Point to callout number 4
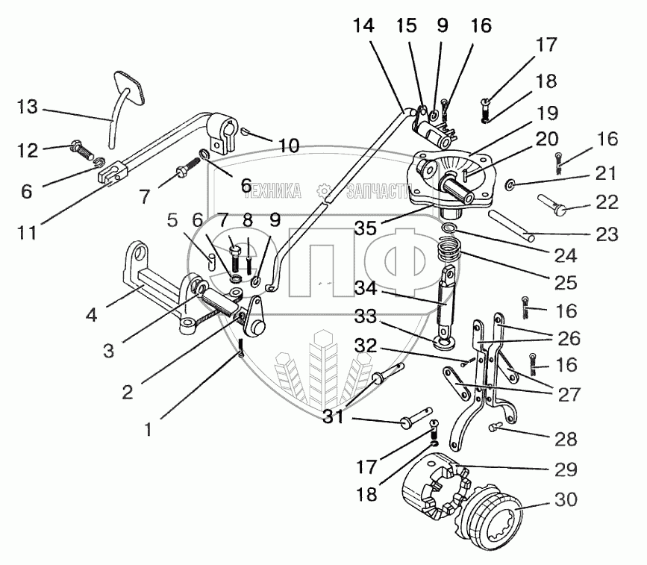[90, 315]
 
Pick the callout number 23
[607, 236]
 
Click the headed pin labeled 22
[554, 204]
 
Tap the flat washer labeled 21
[510, 184]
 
